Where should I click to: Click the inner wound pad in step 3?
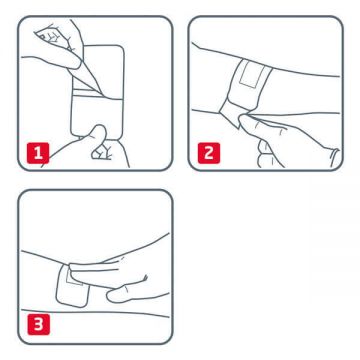tap(82, 290)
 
